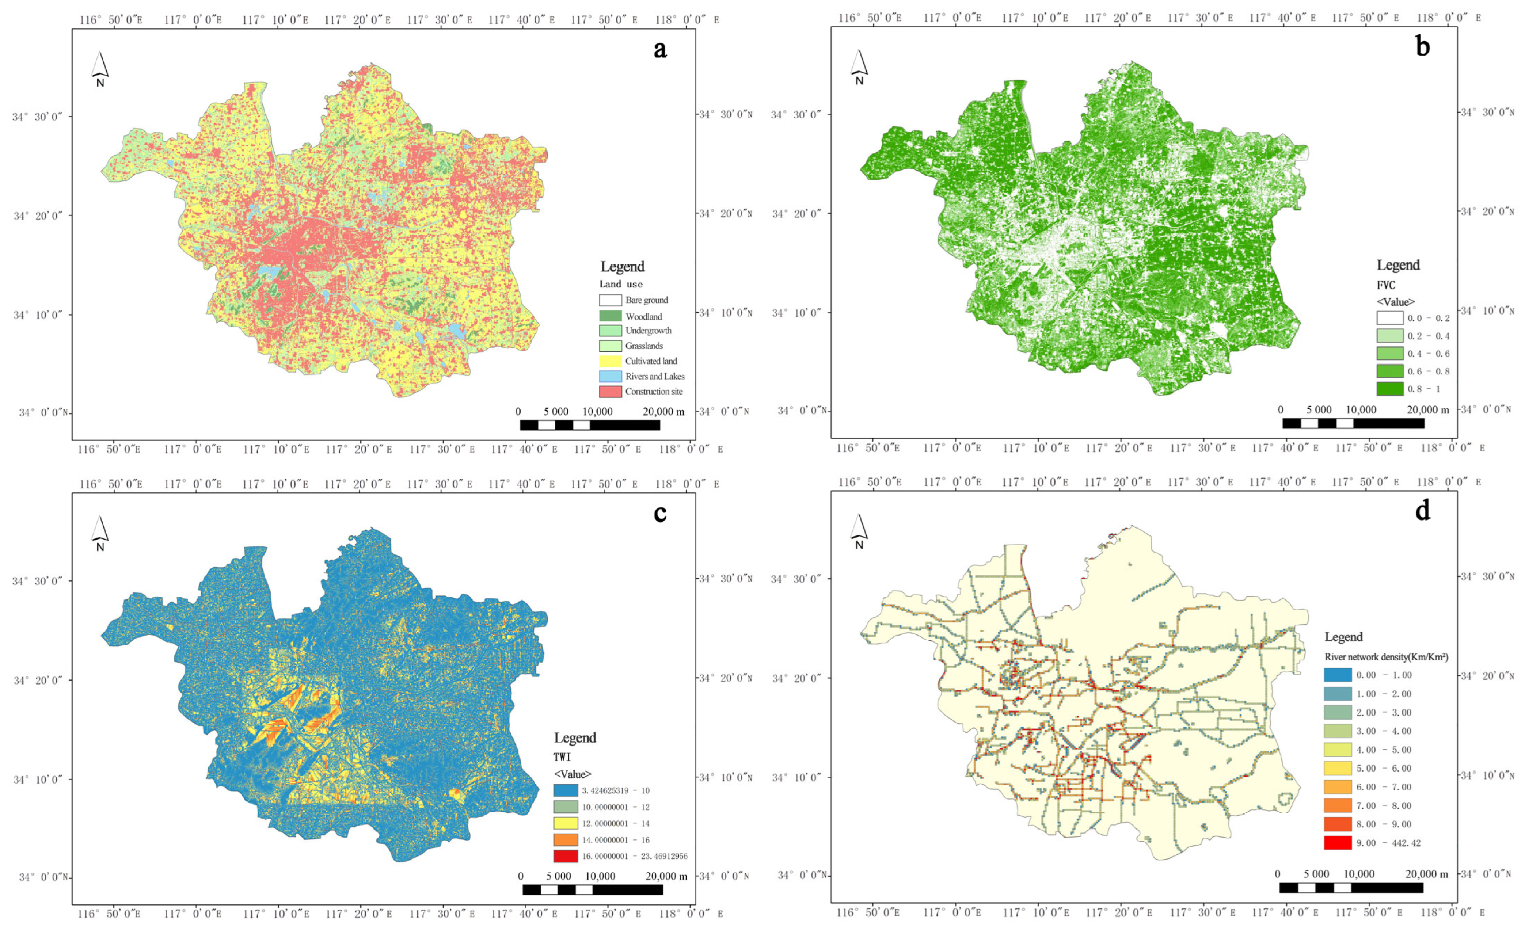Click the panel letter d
1423,511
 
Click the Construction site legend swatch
610,392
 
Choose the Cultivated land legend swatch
610,361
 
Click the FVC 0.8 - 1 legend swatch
1389,389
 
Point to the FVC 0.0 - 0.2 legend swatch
1389,318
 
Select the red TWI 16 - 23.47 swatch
566,856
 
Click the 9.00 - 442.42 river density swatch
1338,843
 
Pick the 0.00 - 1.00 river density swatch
1338,675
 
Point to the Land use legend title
621,285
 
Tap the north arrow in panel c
100,532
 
